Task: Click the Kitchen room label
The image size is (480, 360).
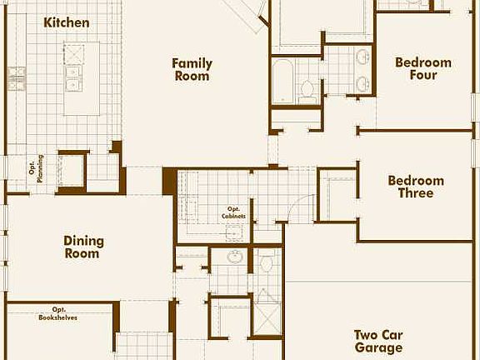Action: pyautogui.click(x=66, y=22)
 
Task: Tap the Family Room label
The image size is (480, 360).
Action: pyautogui.click(x=192, y=69)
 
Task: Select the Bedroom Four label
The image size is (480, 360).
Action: pyautogui.click(x=422, y=68)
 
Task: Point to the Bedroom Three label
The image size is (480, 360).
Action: pyautogui.click(x=416, y=187)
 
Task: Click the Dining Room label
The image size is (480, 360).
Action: pyautogui.click(x=83, y=247)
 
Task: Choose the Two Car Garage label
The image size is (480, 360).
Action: pyautogui.click(x=377, y=341)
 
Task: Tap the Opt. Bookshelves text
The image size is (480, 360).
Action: pyautogui.click(x=58, y=313)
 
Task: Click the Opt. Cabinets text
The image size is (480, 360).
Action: pyautogui.click(x=233, y=212)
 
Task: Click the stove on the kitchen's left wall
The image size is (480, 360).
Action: pyautogui.click(x=17, y=79)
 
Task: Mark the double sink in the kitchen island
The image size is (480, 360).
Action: pyautogui.click(x=73, y=78)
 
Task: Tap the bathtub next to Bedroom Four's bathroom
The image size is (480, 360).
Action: pyautogui.click(x=283, y=82)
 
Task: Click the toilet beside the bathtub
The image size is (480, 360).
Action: pyautogui.click(x=307, y=88)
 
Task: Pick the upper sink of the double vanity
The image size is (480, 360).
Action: pyautogui.click(x=362, y=57)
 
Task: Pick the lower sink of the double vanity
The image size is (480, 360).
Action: pyautogui.click(x=362, y=83)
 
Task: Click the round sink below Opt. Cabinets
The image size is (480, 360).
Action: pyautogui.click(x=236, y=257)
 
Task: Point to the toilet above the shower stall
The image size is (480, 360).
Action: pyautogui.click(x=266, y=264)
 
